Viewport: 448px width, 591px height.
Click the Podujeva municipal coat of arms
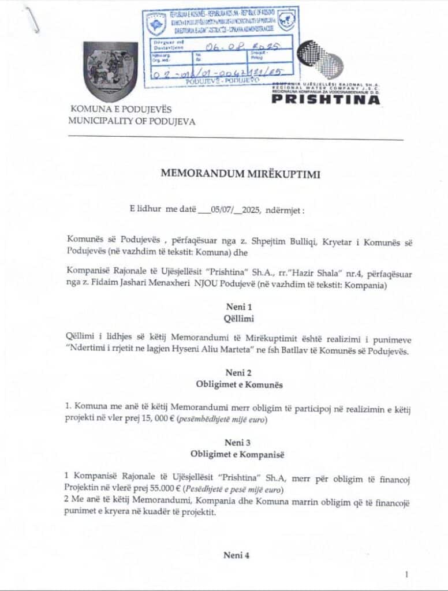pyautogui.click(x=110, y=71)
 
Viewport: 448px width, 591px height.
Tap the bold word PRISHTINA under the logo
pyautogui.click(x=326, y=99)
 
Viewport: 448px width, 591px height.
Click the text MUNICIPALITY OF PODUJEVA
pyautogui.click(x=132, y=122)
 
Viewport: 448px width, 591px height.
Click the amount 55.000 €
pyautogui.click(x=162, y=489)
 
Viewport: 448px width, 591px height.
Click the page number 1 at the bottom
pyautogui.click(x=406, y=574)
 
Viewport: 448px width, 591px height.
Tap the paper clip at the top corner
pyautogui.click(x=32, y=19)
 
